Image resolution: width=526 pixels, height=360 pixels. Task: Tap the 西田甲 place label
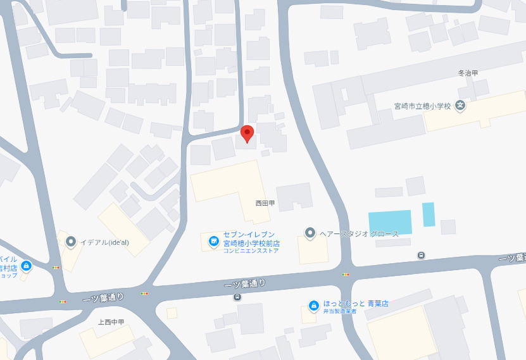coord(265,203)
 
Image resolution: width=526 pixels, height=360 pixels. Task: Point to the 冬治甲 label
coord(468,73)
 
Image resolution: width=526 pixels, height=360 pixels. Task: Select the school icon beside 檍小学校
coord(461,105)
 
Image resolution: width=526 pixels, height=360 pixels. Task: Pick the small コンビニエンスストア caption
coord(251,251)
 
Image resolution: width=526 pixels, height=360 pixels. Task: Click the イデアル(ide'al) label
coord(104,241)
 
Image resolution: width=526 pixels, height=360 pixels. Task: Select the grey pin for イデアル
coord(71,241)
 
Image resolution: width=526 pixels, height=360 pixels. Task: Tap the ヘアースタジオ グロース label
coord(360,234)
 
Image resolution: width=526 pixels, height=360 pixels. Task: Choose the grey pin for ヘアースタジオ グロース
coord(310,233)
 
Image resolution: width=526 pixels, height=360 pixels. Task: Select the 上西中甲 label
coord(111,322)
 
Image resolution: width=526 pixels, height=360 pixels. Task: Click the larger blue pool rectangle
coord(390,221)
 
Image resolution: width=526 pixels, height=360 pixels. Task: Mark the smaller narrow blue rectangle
coord(429,214)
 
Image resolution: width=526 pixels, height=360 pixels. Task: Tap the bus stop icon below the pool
coord(421,255)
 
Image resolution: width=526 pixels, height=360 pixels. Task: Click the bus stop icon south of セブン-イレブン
coord(237,297)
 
